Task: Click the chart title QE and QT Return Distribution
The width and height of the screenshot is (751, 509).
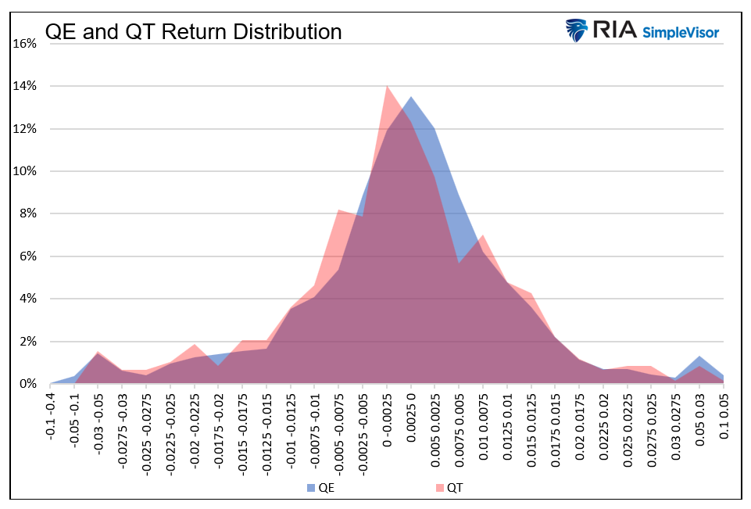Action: (x=193, y=32)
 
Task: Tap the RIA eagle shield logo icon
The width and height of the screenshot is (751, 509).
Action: (x=578, y=30)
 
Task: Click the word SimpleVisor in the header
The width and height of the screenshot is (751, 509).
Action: (x=680, y=32)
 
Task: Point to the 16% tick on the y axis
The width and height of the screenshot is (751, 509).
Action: (x=25, y=43)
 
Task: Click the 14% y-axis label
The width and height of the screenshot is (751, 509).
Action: (x=25, y=86)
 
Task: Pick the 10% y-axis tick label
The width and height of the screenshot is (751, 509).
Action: (x=25, y=171)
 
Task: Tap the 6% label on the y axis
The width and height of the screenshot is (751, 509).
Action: (x=27, y=256)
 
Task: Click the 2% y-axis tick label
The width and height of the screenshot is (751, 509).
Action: (x=27, y=342)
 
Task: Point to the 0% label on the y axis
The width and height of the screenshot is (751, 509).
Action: (x=27, y=384)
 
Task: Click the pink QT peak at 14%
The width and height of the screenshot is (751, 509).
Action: (x=387, y=87)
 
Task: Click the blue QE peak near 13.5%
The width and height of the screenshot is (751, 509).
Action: (x=411, y=99)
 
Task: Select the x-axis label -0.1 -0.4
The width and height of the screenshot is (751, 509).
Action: (x=50, y=418)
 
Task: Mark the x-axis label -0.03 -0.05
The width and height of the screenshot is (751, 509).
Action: (x=98, y=421)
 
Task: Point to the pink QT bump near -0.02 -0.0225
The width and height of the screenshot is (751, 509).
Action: (x=195, y=346)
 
